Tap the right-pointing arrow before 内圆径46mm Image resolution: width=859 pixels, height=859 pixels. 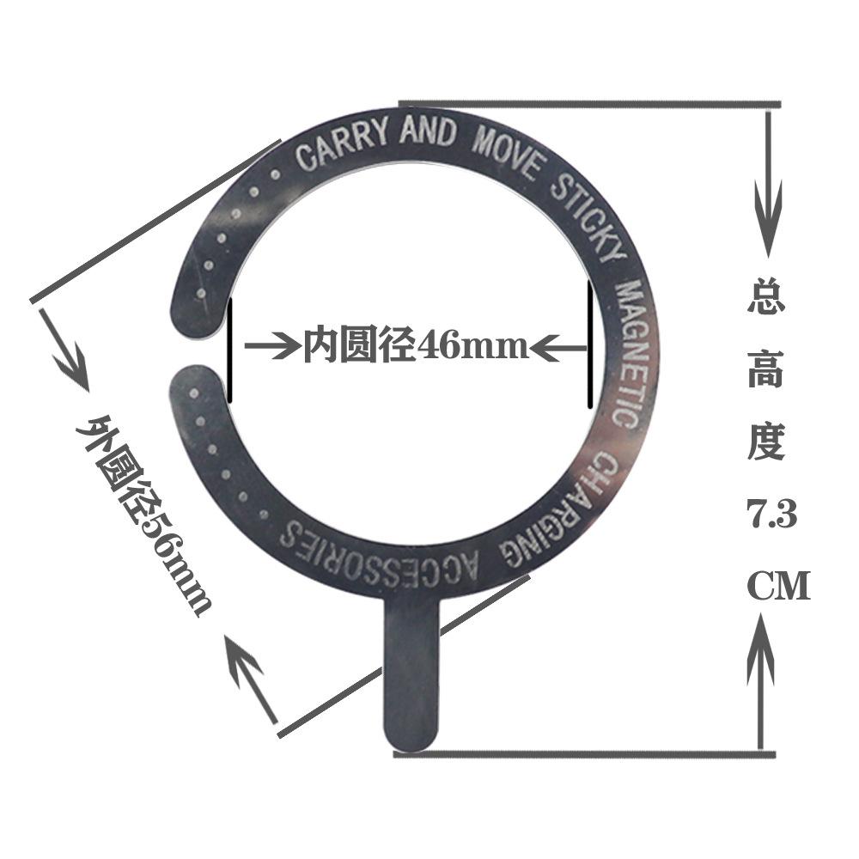tap(271, 347)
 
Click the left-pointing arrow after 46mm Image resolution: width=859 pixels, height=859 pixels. tap(559, 347)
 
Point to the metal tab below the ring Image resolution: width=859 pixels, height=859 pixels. tap(411, 670)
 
